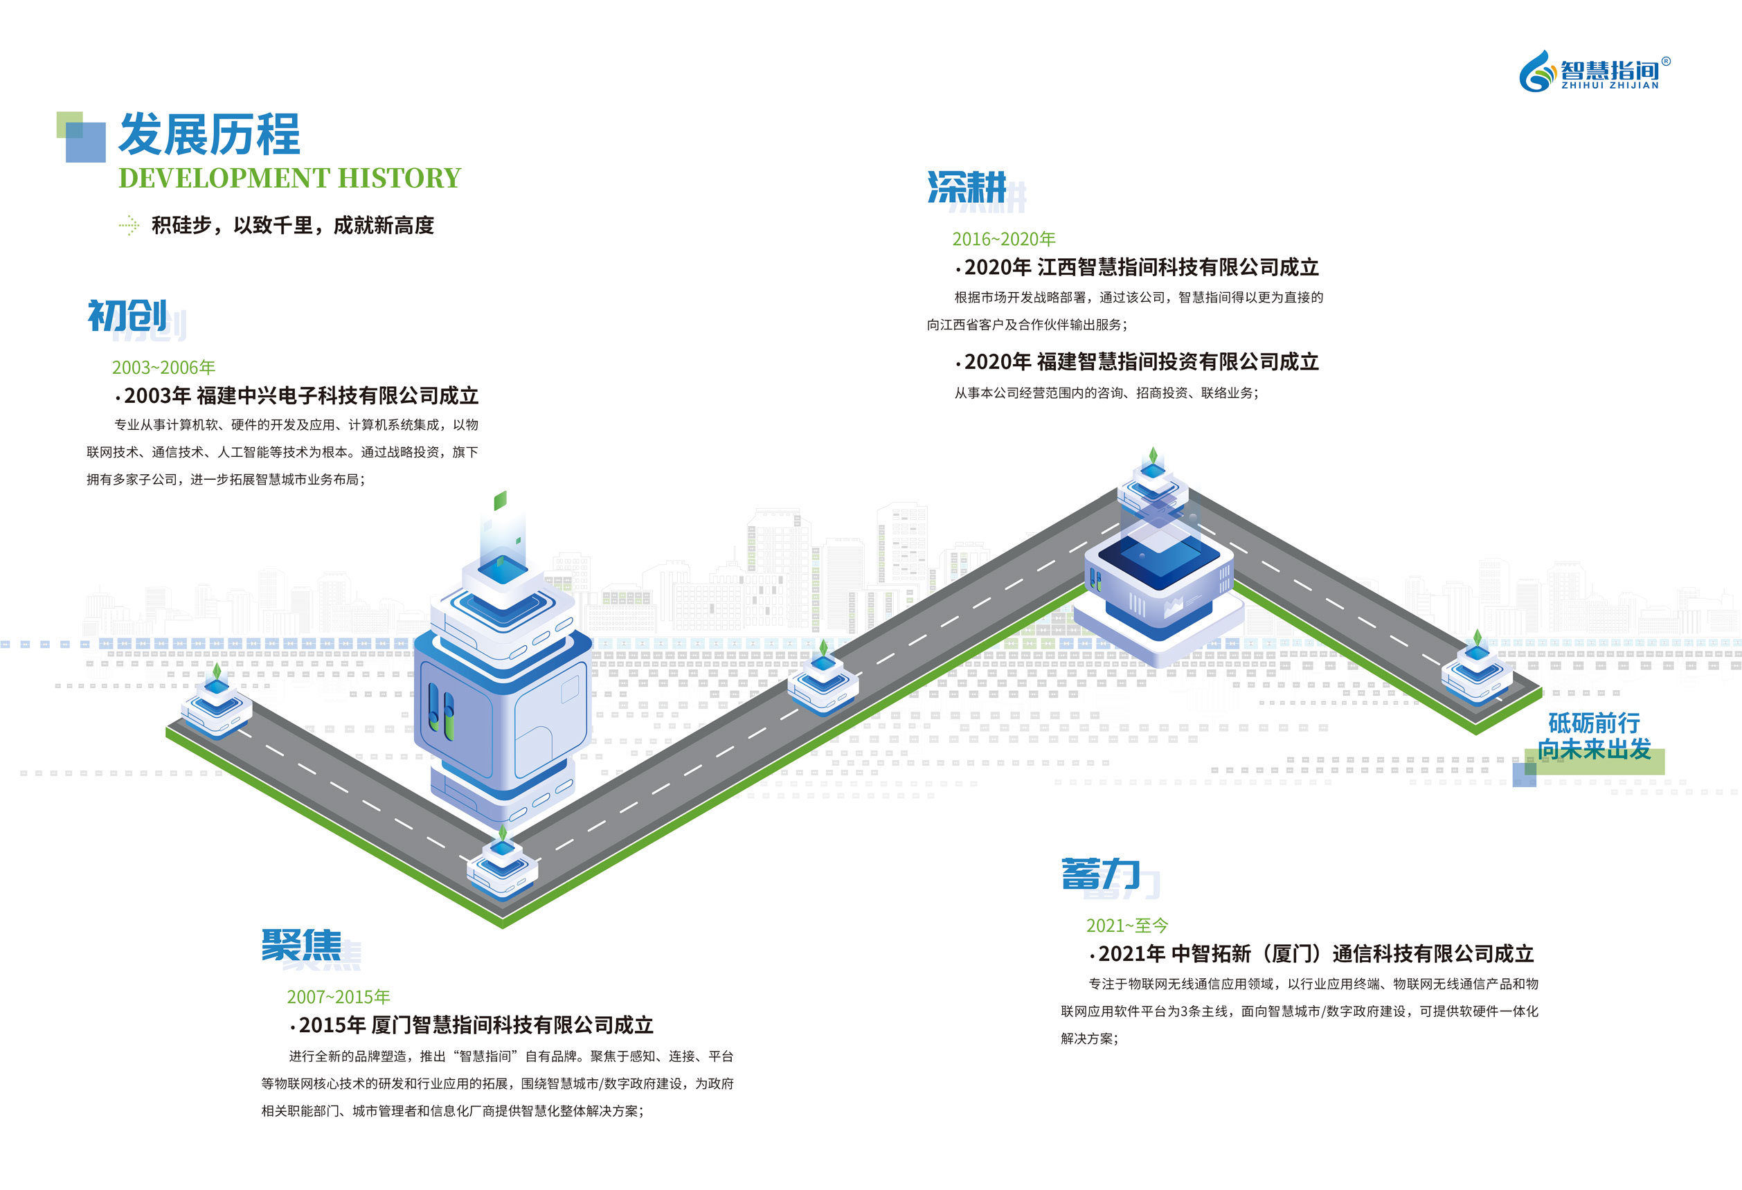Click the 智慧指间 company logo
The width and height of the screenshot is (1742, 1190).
coord(1594,72)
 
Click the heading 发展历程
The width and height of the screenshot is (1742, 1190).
coord(209,135)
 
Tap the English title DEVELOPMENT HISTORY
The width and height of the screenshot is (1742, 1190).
coord(289,179)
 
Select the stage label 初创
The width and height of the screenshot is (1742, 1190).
coord(127,316)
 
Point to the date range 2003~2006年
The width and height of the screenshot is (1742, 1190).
coord(163,367)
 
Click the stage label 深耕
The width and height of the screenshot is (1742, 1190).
coord(967,188)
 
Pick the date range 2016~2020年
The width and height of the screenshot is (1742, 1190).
coord(1004,239)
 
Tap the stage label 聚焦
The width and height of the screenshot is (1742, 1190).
coord(301,945)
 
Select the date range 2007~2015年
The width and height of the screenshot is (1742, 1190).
coord(338,997)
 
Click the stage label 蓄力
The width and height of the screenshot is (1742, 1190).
coord(1100,874)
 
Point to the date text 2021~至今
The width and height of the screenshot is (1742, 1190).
coord(1127,926)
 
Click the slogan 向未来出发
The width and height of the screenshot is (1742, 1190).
coord(1595,749)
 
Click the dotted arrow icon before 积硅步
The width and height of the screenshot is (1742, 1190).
coord(129,225)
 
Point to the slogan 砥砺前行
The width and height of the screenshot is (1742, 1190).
coord(1594,723)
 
